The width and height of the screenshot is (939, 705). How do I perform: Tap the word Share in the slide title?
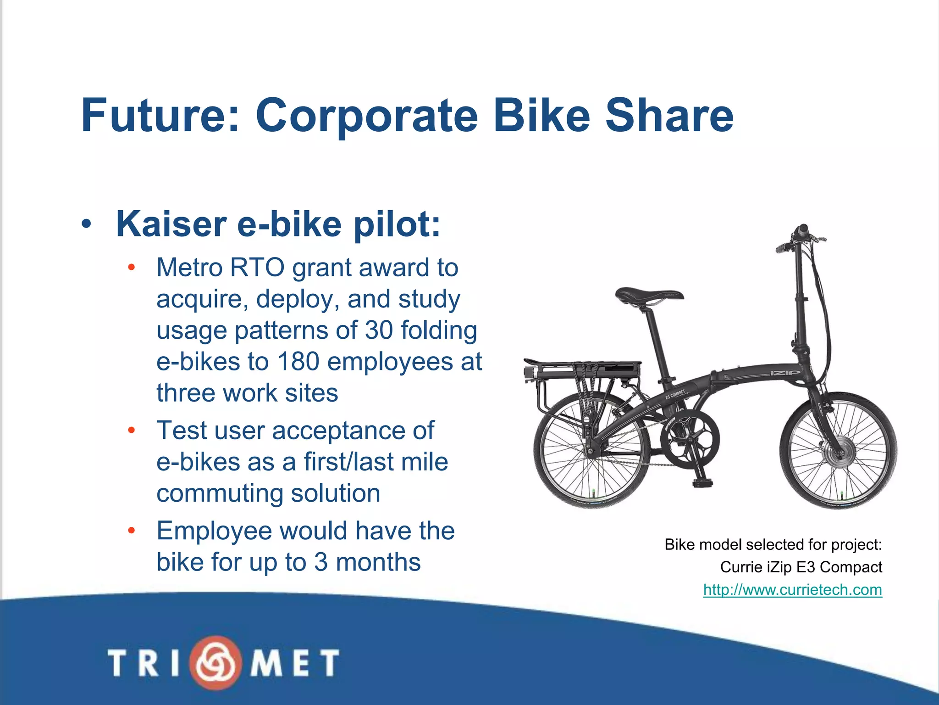coord(669,115)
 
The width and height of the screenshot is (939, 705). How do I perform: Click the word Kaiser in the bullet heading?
coord(171,224)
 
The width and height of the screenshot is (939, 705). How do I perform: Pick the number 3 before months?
coord(321,562)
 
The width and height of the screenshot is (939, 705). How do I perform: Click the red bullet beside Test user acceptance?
coord(132,431)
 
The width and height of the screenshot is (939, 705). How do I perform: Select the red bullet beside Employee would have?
coord(132,531)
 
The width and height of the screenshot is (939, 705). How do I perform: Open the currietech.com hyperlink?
coord(792,589)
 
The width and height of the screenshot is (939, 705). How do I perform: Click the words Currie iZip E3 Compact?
coord(801,567)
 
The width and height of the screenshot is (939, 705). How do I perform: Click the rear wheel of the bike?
coord(591,452)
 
